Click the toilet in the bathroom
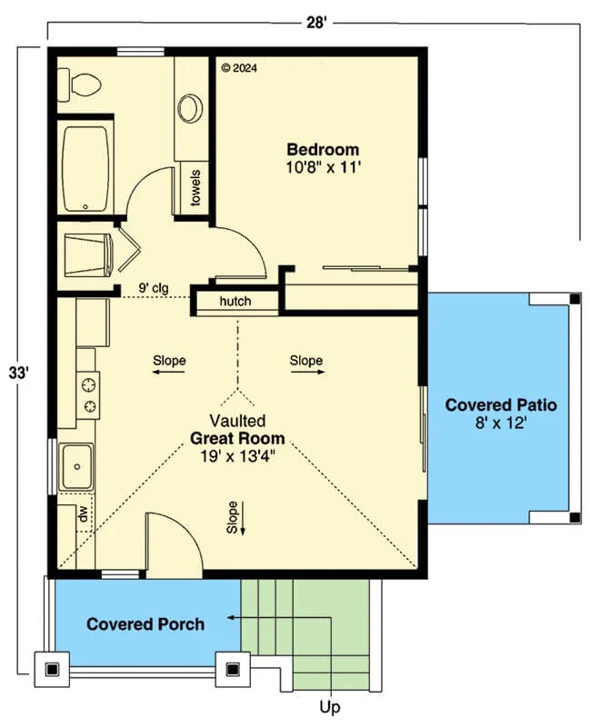pyautogui.click(x=79, y=85)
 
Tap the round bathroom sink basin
pyautogui.click(x=190, y=109)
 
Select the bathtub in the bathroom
pyautogui.click(x=86, y=169)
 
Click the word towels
pyautogui.click(x=195, y=188)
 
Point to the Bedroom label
pyautogui.click(x=323, y=150)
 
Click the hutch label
pyautogui.click(x=235, y=302)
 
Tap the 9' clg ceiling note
pyautogui.click(x=154, y=288)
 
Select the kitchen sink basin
pyautogui.click(x=76, y=466)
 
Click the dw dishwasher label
pyautogui.click(x=84, y=513)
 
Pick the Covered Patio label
pyautogui.click(x=501, y=404)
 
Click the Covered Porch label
pyautogui.click(x=145, y=624)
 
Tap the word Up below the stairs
pyautogui.click(x=330, y=707)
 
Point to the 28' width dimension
pyautogui.click(x=316, y=22)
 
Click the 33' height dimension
pyautogui.click(x=19, y=373)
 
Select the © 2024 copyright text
pyautogui.click(x=239, y=68)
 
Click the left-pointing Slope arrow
pyautogui.click(x=169, y=372)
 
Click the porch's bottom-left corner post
pyautogui.click(x=52, y=669)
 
